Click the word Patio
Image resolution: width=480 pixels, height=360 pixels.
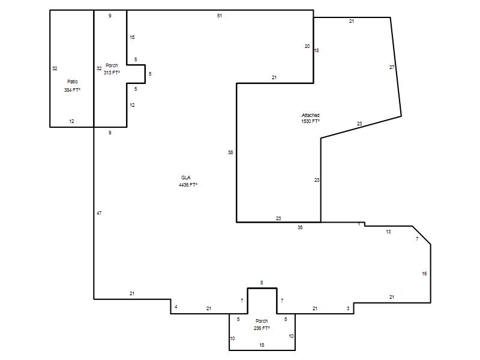(72, 82)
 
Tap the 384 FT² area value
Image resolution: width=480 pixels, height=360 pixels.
(72, 90)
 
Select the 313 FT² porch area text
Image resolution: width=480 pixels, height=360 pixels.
(112, 73)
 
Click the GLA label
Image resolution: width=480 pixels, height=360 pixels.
(186, 178)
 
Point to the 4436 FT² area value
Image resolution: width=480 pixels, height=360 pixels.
(188, 185)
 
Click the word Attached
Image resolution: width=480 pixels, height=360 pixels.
(310, 115)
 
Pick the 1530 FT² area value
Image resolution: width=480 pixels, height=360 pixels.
(310, 121)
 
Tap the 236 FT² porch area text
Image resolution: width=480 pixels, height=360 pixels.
(262, 328)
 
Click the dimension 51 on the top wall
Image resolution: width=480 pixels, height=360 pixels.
(220, 16)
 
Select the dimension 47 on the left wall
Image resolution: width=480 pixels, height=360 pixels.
(99, 213)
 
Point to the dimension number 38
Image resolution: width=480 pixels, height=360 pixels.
(230, 152)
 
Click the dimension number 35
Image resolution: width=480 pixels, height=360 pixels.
(300, 227)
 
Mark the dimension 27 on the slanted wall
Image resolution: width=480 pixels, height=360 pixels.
(392, 67)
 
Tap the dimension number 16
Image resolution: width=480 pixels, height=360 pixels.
(424, 274)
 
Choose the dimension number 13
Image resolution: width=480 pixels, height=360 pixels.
(388, 232)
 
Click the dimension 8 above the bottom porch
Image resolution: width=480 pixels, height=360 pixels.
(262, 283)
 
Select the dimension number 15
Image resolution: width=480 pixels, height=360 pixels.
(132, 37)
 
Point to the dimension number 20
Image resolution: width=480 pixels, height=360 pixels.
(307, 46)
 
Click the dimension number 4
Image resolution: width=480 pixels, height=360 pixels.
(176, 307)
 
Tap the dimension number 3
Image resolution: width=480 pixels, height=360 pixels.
(348, 308)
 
